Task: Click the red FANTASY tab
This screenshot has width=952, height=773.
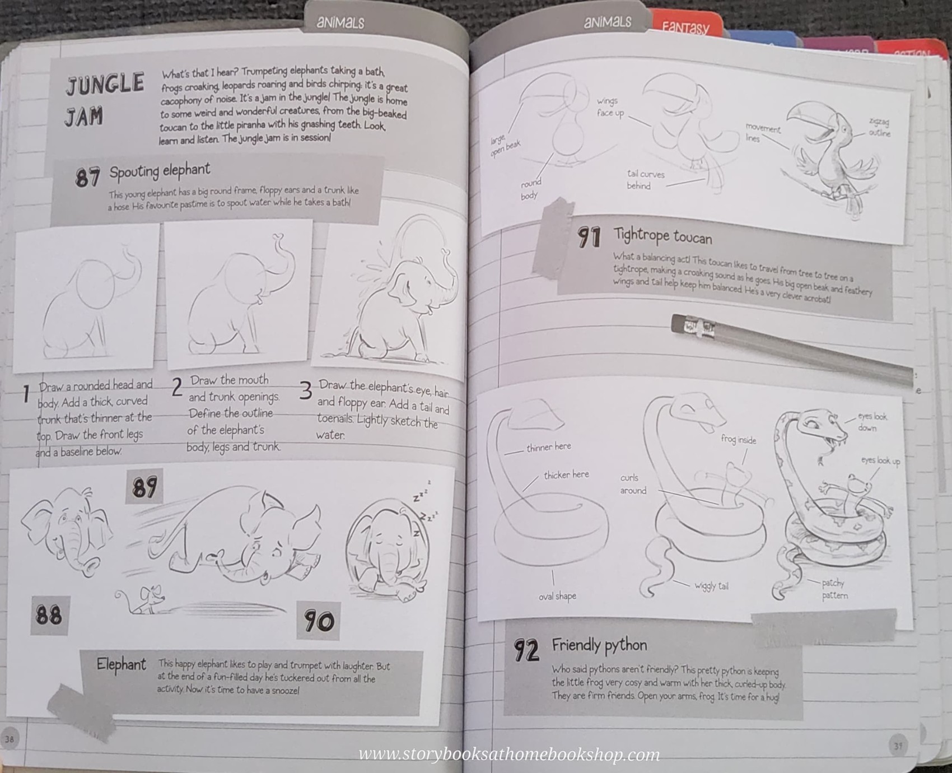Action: (685, 27)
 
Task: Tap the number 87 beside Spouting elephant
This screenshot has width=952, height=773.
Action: (87, 178)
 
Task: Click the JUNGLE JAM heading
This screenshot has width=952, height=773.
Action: (105, 99)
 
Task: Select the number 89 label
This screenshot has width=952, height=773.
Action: (144, 486)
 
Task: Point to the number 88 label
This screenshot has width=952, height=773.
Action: (49, 615)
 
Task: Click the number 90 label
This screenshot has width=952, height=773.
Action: (319, 621)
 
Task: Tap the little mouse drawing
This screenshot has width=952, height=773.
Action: (143, 599)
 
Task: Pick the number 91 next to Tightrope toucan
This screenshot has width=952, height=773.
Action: (589, 238)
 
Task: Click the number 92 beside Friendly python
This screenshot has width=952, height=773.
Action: (526, 650)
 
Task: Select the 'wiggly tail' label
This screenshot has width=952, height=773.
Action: (711, 586)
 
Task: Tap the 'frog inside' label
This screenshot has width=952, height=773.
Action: (738, 440)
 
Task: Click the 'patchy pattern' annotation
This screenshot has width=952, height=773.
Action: (834, 589)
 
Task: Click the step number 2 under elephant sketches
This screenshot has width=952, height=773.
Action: (177, 387)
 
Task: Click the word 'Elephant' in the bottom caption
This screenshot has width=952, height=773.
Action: (121, 664)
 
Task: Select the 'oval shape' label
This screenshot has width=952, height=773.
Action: (557, 596)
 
